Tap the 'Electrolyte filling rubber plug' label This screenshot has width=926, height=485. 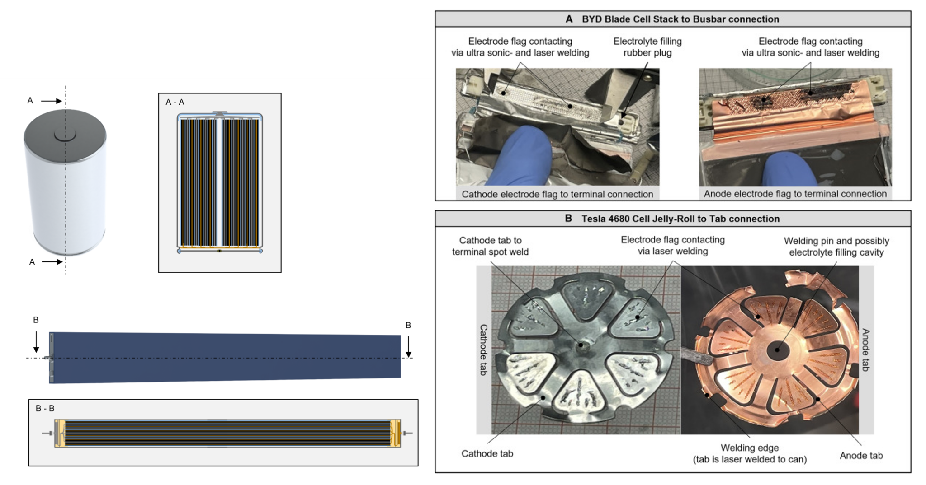click(x=647, y=47)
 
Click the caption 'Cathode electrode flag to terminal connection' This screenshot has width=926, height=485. click(x=557, y=194)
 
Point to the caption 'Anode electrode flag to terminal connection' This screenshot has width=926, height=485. click(x=795, y=194)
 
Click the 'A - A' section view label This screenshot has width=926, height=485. click(x=175, y=102)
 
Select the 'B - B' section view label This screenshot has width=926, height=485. click(x=45, y=408)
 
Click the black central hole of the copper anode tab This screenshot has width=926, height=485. click(x=778, y=350)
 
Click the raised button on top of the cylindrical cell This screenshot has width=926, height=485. click(x=65, y=134)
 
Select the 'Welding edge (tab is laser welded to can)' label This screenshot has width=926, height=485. click(x=750, y=453)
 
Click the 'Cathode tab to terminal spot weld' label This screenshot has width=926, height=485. click(x=490, y=246)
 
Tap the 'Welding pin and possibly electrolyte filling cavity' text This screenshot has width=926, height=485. click(x=836, y=247)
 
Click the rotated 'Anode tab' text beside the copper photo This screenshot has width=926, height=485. click(x=865, y=350)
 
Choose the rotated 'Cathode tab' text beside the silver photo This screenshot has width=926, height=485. click(x=483, y=350)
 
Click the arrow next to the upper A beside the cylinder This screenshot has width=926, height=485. click(x=52, y=101)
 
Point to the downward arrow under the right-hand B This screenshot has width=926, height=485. click(x=408, y=347)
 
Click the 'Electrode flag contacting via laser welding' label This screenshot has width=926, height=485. click(x=672, y=245)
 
